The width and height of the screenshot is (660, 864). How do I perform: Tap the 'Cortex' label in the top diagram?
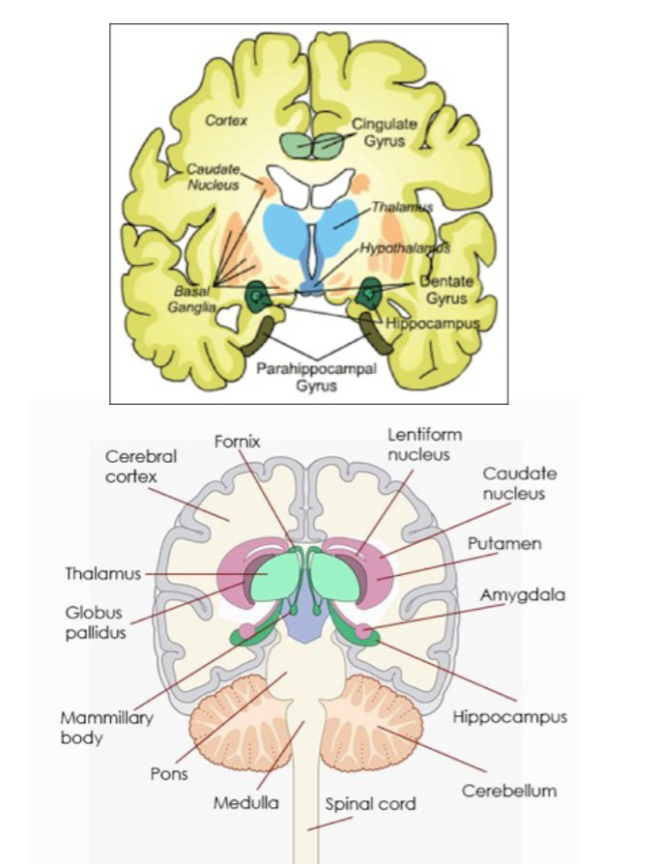(x=227, y=121)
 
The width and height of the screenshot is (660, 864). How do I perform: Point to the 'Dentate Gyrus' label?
(x=447, y=289)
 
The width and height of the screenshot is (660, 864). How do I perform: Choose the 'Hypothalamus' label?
(x=405, y=248)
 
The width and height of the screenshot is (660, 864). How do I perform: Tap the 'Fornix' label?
(x=237, y=441)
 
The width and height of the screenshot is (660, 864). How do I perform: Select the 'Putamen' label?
(x=504, y=544)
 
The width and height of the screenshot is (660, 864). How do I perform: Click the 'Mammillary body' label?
(x=93, y=727)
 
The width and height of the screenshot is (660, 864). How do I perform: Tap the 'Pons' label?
(x=169, y=773)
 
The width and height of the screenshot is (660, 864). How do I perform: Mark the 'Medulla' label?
(x=246, y=802)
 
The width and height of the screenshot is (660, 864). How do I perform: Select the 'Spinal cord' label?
(x=370, y=803)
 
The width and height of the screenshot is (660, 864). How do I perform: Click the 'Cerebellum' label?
(x=508, y=791)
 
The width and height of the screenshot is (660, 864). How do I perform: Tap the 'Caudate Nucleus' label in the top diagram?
(x=212, y=176)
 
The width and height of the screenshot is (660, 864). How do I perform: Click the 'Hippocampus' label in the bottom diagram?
(x=509, y=717)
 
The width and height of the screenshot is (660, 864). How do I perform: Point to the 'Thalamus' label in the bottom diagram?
(x=102, y=573)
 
